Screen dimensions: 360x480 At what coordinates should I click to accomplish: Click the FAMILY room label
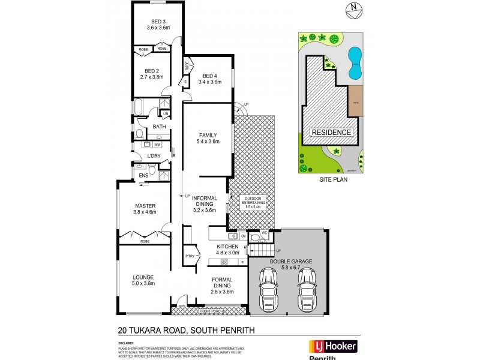click(208, 135)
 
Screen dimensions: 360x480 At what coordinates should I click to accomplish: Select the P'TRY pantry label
click(190, 256)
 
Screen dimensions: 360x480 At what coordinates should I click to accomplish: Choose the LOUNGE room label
click(143, 277)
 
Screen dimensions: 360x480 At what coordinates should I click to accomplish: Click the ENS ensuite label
click(143, 175)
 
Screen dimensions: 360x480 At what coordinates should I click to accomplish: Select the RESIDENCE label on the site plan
click(331, 132)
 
